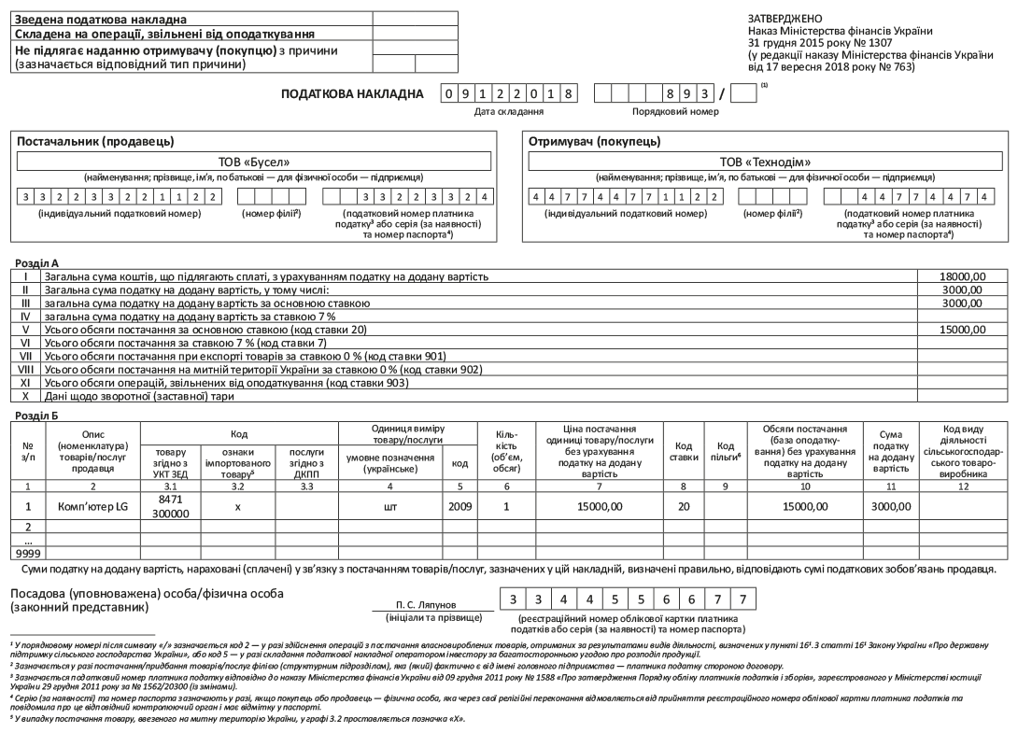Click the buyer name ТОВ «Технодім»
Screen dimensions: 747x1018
pyautogui.click(x=765, y=162)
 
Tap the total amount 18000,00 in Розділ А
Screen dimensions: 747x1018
pyautogui.click(x=964, y=276)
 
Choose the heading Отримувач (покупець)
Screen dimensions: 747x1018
pyautogui.click(x=595, y=141)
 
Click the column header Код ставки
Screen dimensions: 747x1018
pyautogui.click(x=684, y=451)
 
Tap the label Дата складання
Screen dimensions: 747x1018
pyautogui.click(x=509, y=111)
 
